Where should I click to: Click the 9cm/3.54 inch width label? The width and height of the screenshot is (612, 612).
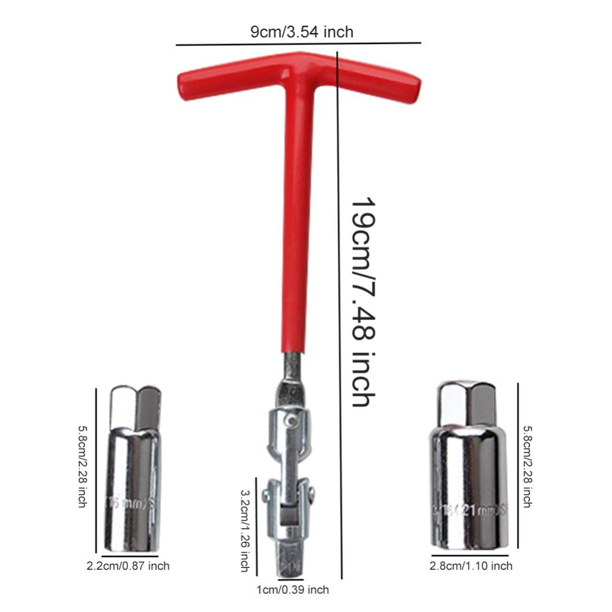(302, 32)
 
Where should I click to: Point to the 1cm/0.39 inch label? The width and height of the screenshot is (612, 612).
(293, 589)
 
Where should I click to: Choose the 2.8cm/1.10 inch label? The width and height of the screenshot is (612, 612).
(471, 566)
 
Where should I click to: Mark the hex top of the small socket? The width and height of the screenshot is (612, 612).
(135, 407)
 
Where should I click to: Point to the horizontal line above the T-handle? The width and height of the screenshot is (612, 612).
(299, 44)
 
